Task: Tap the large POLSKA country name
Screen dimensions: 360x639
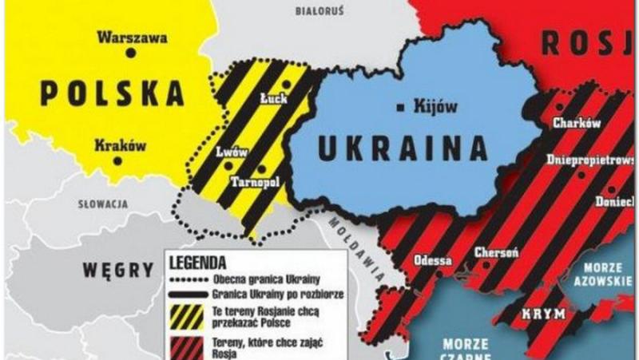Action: (x=112, y=93)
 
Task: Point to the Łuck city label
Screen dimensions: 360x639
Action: (x=274, y=99)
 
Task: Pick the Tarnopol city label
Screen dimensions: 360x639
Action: (x=253, y=182)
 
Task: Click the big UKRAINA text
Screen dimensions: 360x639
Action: (x=403, y=148)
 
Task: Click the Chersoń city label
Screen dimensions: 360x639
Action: (x=497, y=252)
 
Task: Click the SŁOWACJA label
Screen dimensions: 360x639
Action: (x=103, y=204)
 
